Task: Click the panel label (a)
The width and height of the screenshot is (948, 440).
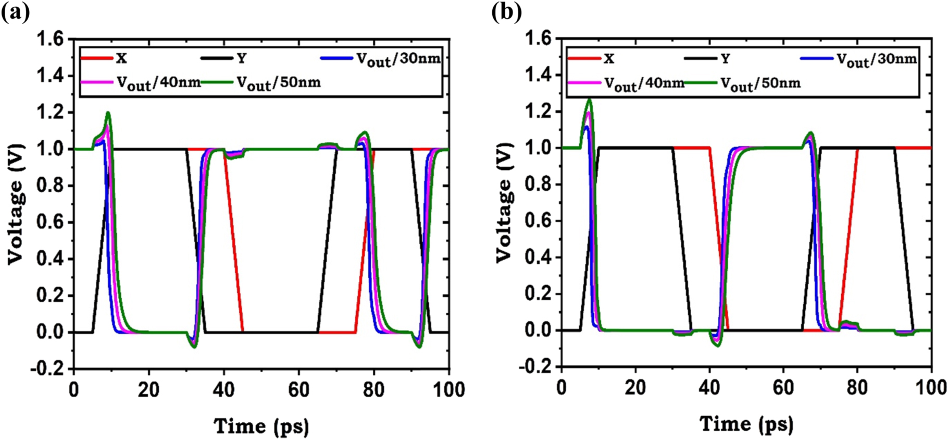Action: [16, 11]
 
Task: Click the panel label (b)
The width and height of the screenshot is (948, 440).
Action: [506, 11]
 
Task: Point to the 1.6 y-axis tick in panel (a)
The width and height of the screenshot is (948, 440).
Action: [51, 40]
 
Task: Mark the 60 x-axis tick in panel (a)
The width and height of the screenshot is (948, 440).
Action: [298, 389]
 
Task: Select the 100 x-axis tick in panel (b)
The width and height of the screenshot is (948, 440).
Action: [930, 388]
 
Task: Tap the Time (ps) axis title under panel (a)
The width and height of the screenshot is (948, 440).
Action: [261, 426]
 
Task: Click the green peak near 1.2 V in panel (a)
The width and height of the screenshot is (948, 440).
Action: [108, 113]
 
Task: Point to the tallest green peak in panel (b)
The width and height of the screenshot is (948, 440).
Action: [590, 100]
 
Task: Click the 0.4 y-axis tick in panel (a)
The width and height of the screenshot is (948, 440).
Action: [51, 259]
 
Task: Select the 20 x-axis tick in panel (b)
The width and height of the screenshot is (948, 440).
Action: [635, 388]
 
